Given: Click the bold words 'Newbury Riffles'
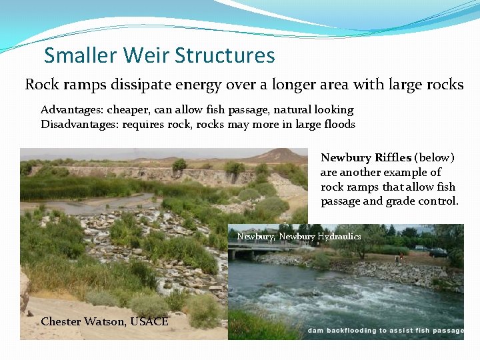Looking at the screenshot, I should (365, 158).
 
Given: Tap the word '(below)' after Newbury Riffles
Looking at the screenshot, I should (434, 158).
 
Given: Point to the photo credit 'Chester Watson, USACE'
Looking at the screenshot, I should (105, 321).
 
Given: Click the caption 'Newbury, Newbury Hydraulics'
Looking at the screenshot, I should (299, 237).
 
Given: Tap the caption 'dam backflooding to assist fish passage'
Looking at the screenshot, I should (385, 331).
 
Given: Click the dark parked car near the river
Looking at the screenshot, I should (438, 253).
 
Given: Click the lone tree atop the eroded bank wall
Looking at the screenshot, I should (179, 165).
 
